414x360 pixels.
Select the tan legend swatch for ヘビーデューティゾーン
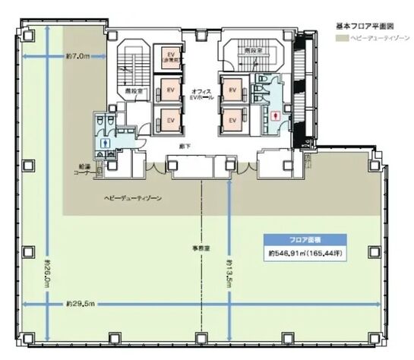coord(340,37)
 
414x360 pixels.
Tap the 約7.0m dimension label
coord(77,55)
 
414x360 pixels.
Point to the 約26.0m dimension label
coord(48,269)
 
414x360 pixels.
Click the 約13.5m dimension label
coord(227,270)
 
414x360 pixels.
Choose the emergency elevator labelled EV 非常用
coord(169,58)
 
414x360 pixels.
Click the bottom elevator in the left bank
coord(171,120)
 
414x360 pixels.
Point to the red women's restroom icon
coord(274,115)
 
